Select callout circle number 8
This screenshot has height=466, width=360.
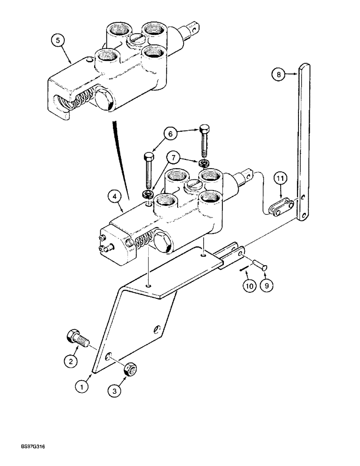[x=278, y=74]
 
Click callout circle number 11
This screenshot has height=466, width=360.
[x=278, y=178]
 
